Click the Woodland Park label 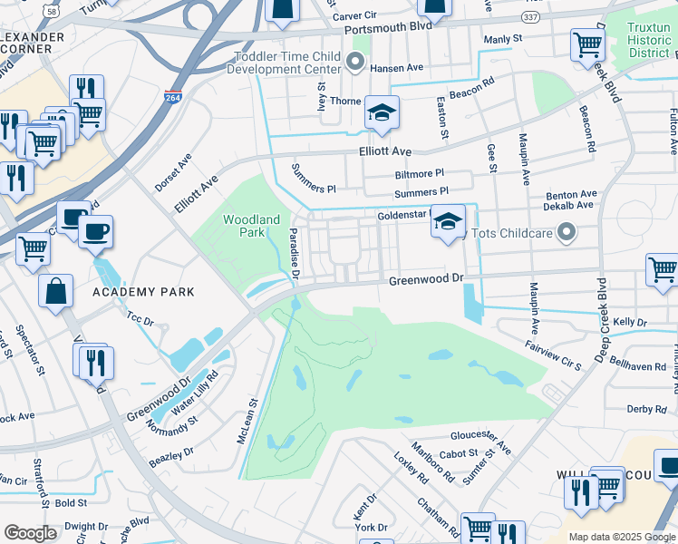click(x=251, y=227)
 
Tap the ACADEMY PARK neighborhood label click(x=143, y=292)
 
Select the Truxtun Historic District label click(x=648, y=40)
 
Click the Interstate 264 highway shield click(x=172, y=97)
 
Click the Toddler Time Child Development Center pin click(x=355, y=63)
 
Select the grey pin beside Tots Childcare click(x=567, y=233)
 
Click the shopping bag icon click(x=56, y=292)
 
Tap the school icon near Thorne click(x=382, y=113)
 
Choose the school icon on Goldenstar click(x=448, y=222)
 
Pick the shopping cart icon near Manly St click(x=587, y=44)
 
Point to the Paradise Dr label click(x=295, y=253)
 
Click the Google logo click(x=30, y=532)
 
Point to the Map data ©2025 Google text click(x=621, y=537)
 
